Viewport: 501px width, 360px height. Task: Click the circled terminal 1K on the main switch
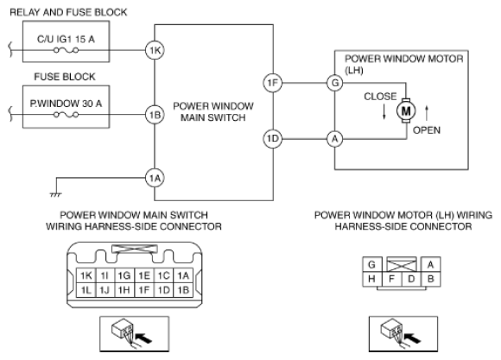155,50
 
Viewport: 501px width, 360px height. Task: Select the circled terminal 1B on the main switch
155,115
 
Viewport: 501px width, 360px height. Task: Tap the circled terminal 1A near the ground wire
155,178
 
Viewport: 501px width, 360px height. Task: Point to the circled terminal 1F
273,83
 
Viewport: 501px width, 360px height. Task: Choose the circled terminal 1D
273,139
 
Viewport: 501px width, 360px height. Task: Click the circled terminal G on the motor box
334,83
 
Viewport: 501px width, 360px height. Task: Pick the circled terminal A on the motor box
334,139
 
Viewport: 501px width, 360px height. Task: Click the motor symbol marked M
406,111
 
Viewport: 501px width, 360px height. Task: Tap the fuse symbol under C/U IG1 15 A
66,50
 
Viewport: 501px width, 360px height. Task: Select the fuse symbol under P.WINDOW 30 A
66,115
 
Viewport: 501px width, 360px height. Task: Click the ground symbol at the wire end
55,194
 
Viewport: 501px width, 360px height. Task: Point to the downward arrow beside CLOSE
384,112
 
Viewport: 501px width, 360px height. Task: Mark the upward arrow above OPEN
426,113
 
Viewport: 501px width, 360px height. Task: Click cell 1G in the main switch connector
124,275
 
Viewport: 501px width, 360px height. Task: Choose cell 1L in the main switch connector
86,290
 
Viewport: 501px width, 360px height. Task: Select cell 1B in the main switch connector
183,290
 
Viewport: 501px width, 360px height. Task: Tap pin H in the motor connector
371,279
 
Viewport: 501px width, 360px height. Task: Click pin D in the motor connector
411,279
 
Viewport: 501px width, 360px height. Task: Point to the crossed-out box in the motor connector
402,265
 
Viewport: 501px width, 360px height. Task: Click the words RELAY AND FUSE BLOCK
68,12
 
